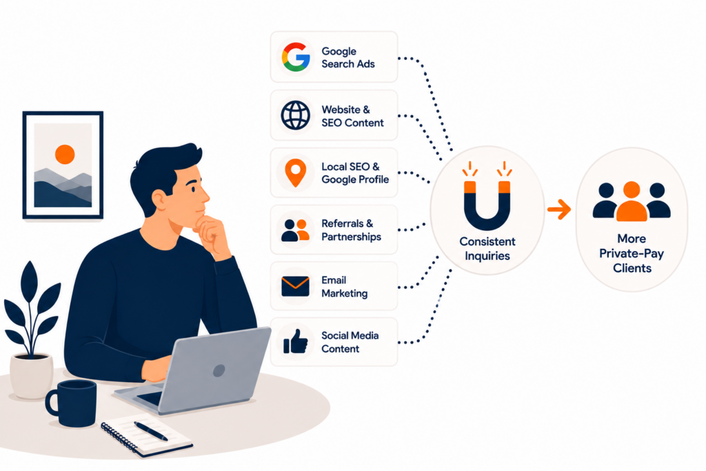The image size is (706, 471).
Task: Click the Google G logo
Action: (x=296, y=57)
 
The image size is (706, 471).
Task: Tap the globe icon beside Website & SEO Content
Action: (x=295, y=115)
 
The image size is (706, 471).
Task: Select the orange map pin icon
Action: (x=295, y=172)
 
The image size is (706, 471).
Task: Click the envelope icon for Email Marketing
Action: (x=295, y=286)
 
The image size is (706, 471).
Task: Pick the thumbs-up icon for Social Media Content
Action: (x=295, y=341)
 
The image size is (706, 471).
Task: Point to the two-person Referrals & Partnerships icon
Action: (x=295, y=230)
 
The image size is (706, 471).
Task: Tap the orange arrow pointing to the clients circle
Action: (x=559, y=209)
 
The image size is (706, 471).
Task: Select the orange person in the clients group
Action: (x=632, y=201)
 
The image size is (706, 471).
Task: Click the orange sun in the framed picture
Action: (x=65, y=154)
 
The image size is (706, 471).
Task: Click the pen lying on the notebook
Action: (x=151, y=431)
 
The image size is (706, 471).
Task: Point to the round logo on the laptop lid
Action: (x=219, y=370)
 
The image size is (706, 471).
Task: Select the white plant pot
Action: (x=32, y=376)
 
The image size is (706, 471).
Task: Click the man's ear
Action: (x=160, y=200)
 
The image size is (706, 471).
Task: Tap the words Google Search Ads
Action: (x=347, y=58)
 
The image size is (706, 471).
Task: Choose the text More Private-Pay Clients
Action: (x=632, y=253)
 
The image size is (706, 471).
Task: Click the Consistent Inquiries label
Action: (x=487, y=248)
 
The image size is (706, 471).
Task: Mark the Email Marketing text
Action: (x=345, y=287)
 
